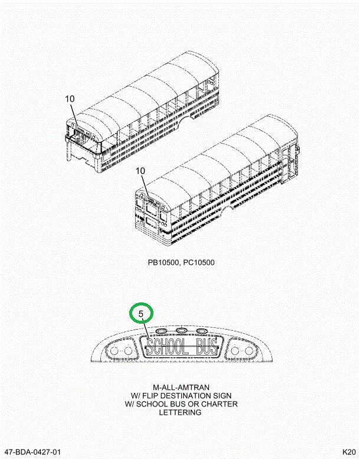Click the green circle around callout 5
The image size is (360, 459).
[141, 313]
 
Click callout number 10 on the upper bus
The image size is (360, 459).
[70, 99]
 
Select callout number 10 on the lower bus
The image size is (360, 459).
[140, 171]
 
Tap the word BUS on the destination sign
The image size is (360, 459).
[206, 348]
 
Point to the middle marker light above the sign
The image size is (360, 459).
[181, 330]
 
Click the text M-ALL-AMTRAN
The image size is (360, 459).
[181, 388]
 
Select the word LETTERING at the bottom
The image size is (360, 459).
[181, 412]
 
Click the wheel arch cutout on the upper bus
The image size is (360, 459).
[188, 121]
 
